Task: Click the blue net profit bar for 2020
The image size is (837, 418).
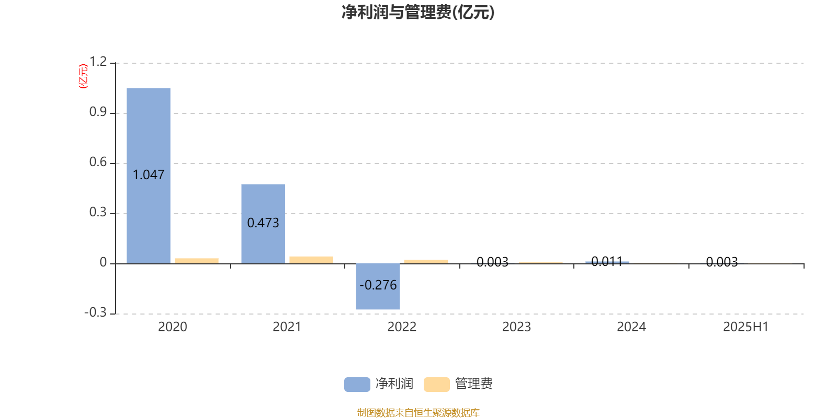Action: (149, 176)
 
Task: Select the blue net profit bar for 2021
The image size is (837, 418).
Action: (263, 224)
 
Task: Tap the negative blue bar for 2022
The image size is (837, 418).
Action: (378, 287)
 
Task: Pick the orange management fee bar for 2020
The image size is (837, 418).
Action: (197, 261)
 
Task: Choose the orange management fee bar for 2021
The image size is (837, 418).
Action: (311, 260)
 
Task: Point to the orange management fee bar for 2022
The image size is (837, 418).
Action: (426, 262)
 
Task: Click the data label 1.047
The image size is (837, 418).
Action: (149, 175)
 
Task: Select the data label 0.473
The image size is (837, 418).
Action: (263, 223)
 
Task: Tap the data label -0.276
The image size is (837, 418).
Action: (378, 285)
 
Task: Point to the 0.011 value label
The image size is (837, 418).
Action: (607, 262)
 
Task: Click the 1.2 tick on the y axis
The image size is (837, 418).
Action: (98, 62)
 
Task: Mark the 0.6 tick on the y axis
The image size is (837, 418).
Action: (98, 162)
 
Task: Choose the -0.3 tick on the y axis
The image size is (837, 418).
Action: (96, 312)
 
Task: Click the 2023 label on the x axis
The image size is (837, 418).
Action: (516, 327)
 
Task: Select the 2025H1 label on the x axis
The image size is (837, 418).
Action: (746, 327)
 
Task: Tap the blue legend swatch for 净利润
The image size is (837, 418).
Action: (357, 385)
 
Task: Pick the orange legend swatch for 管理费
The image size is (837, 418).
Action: (437, 385)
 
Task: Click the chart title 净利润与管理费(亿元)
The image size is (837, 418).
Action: (418, 12)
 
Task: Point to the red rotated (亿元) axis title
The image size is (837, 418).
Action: (83, 76)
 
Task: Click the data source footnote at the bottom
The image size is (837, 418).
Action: (418, 412)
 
